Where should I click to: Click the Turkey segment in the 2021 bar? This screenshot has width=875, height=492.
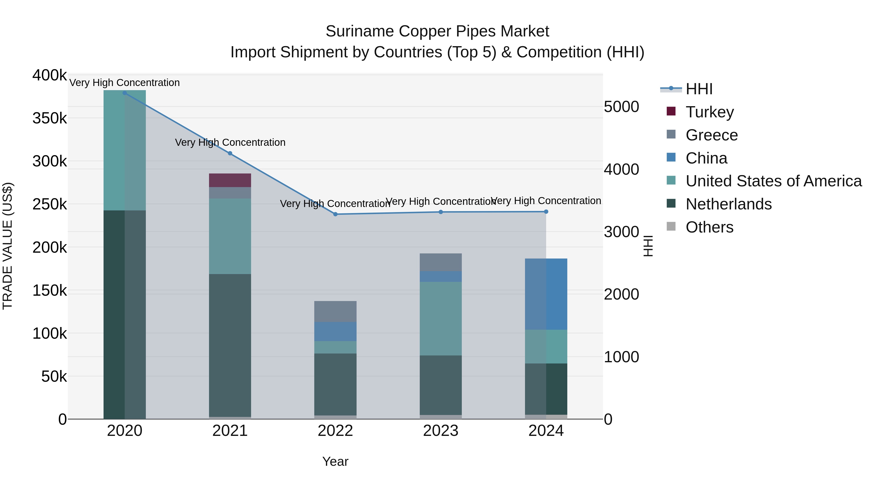point(230,180)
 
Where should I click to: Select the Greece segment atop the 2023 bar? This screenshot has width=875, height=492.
point(441,262)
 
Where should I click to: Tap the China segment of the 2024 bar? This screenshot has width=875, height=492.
point(546,294)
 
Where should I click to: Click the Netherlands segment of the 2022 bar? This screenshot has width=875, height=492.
point(335,384)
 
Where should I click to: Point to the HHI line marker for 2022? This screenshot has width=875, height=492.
point(335,214)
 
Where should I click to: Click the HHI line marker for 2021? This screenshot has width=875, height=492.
point(230,154)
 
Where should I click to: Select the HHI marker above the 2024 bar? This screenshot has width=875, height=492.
point(546,212)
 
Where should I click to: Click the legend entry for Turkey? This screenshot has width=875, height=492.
point(709,112)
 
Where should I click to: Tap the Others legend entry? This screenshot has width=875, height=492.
point(709,227)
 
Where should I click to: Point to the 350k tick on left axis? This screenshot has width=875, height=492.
point(50,119)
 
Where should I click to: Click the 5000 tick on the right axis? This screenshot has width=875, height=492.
point(621,107)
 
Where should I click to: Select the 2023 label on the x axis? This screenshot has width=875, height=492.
point(441,431)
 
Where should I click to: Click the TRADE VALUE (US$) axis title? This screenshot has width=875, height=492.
point(8,246)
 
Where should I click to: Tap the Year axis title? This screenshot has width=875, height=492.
point(335,461)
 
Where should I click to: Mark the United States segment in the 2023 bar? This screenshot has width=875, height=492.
point(441,319)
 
